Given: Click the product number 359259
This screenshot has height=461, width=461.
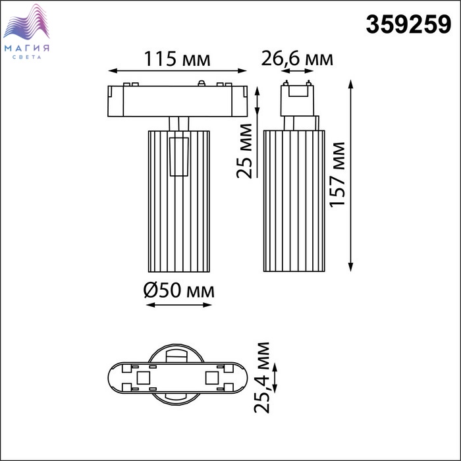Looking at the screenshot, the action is [408, 25].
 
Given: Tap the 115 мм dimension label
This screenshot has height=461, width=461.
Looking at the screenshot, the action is [177, 59].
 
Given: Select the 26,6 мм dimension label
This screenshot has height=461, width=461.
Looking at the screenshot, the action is [297, 59].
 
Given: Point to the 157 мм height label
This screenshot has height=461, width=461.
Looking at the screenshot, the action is [337, 175].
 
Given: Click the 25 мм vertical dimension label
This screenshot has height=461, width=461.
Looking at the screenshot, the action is [244, 151].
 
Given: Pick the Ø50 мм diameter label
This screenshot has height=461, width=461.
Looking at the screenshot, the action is [178, 290].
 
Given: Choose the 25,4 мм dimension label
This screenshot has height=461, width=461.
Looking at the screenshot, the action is [262, 377].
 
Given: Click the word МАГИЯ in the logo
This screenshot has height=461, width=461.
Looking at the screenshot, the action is [27, 48].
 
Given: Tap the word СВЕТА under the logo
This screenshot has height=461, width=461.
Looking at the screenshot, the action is [27, 57].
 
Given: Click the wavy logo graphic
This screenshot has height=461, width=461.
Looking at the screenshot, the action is [26, 22].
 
